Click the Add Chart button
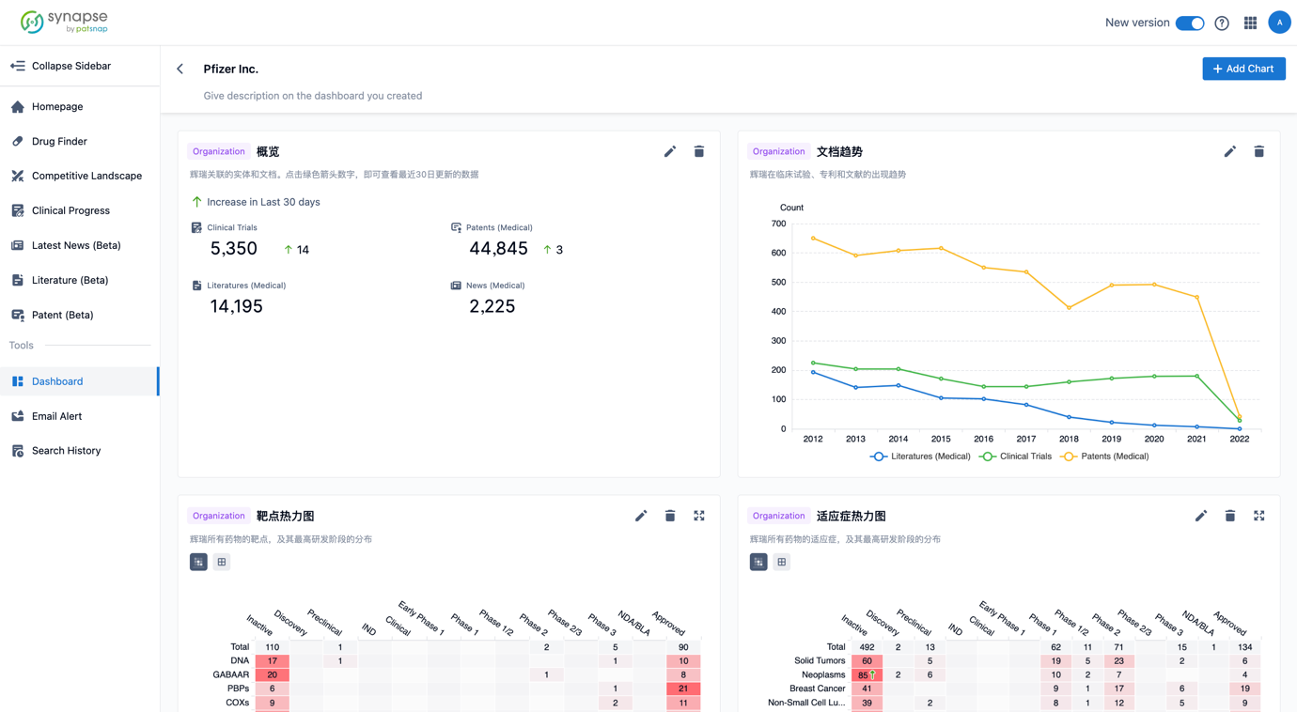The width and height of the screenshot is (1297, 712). (x=1243, y=69)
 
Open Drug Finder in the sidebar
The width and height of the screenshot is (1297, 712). (x=59, y=141)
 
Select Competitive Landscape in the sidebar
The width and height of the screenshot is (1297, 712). (x=86, y=176)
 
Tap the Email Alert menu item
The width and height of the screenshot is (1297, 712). (x=56, y=416)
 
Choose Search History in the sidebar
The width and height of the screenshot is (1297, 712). (x=66, y=451)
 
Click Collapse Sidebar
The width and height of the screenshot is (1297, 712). (x=70, y=66)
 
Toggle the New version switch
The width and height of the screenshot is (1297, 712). (x=1190, y=23)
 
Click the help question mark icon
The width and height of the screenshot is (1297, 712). (x=1222, y=23)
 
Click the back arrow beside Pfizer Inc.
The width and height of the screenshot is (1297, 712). (x=180, y=69)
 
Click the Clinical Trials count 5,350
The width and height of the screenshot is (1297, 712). (x=234, y=249)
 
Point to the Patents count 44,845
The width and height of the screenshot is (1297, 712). (x=498, y=249)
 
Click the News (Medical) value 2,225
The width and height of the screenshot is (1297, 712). (x=492, y=306)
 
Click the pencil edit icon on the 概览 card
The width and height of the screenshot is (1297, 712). (x=670, y=151)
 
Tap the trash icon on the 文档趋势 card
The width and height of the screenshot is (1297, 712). (x=1258, y=151)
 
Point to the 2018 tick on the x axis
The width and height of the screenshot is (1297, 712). (x=1069, y=439)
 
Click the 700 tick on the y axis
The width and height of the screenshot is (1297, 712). (x=778, y=224)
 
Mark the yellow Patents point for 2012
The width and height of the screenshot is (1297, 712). (x=813, y=239)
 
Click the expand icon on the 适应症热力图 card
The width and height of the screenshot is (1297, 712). (x=1258, y=516)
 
